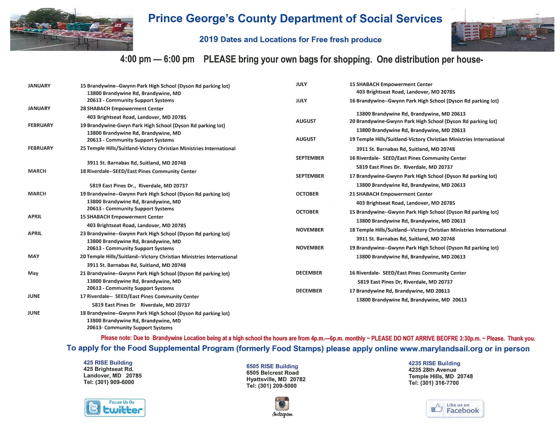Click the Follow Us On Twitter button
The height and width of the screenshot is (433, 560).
(x=115, y=407)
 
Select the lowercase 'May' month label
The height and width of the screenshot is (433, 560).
(x=33, y=273)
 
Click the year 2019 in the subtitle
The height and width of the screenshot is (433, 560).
(x=208, y=39)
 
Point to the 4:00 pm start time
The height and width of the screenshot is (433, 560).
(x=135, y=59)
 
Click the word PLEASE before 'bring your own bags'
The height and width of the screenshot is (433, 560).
(x=220, y=59)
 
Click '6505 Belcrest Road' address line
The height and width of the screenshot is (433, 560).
(x=272, y=373)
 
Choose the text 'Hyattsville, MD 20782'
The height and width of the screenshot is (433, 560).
(x=276, y=379)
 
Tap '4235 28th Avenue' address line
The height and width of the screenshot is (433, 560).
(x=432, y=370)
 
